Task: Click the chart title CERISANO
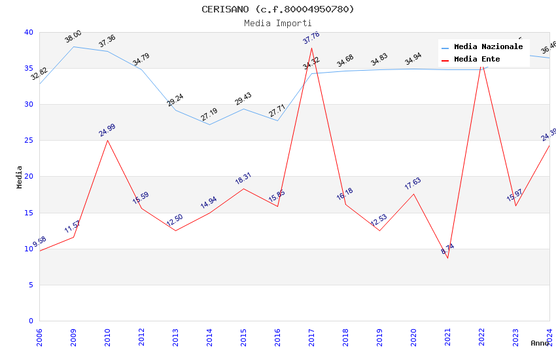click(278, 9)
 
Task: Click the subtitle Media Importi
click(278, 23)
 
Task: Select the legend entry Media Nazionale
click(488, 47)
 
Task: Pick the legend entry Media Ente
click(477, 60)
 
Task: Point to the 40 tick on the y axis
click(28, 32)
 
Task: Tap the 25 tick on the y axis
click(28, 141)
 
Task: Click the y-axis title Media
click(20, 177)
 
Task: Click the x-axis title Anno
click(540, 343)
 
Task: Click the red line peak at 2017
click(311, 48)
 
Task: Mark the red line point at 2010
click(107, 140)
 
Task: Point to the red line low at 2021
click(447, 258)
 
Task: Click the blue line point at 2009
click(73, 46)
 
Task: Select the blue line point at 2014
click(209, 124)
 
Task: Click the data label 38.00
click(73, 37)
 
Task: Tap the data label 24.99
click(107, 130)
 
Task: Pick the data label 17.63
click(413, 183)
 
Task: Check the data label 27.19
click(209, 115)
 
